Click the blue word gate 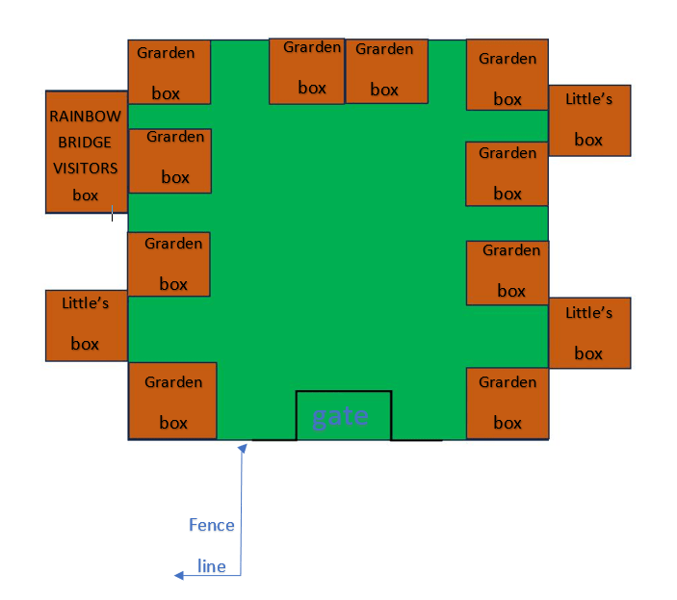click(x=340, y=417)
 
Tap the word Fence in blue click(x=212, y=525)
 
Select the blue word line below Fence click(x=212, y=566)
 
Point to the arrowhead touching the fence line click(x=243, y=448)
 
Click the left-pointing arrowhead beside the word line click(x=179, y=575)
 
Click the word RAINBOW click(x=85, y=117)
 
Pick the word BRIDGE click(x=85, y=142)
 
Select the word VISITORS click(x=85, y=168)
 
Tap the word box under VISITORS click(x=85, y=196)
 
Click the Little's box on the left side click(x=87, y=326)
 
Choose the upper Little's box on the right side click(x=589, y=120)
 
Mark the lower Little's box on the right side click(x=589, y=333)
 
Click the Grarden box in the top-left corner click(x=169, y=72)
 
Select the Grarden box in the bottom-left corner click(x=172, y=401)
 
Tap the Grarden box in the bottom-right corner click(x=508, y=404)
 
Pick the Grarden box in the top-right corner click(x=508, y=75)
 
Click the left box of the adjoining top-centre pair click(x=306, y=71)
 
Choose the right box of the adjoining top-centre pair click(x=386, y=71)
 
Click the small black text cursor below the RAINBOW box click(x=113, y=213)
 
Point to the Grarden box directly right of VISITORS click(x=170, y=161)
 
